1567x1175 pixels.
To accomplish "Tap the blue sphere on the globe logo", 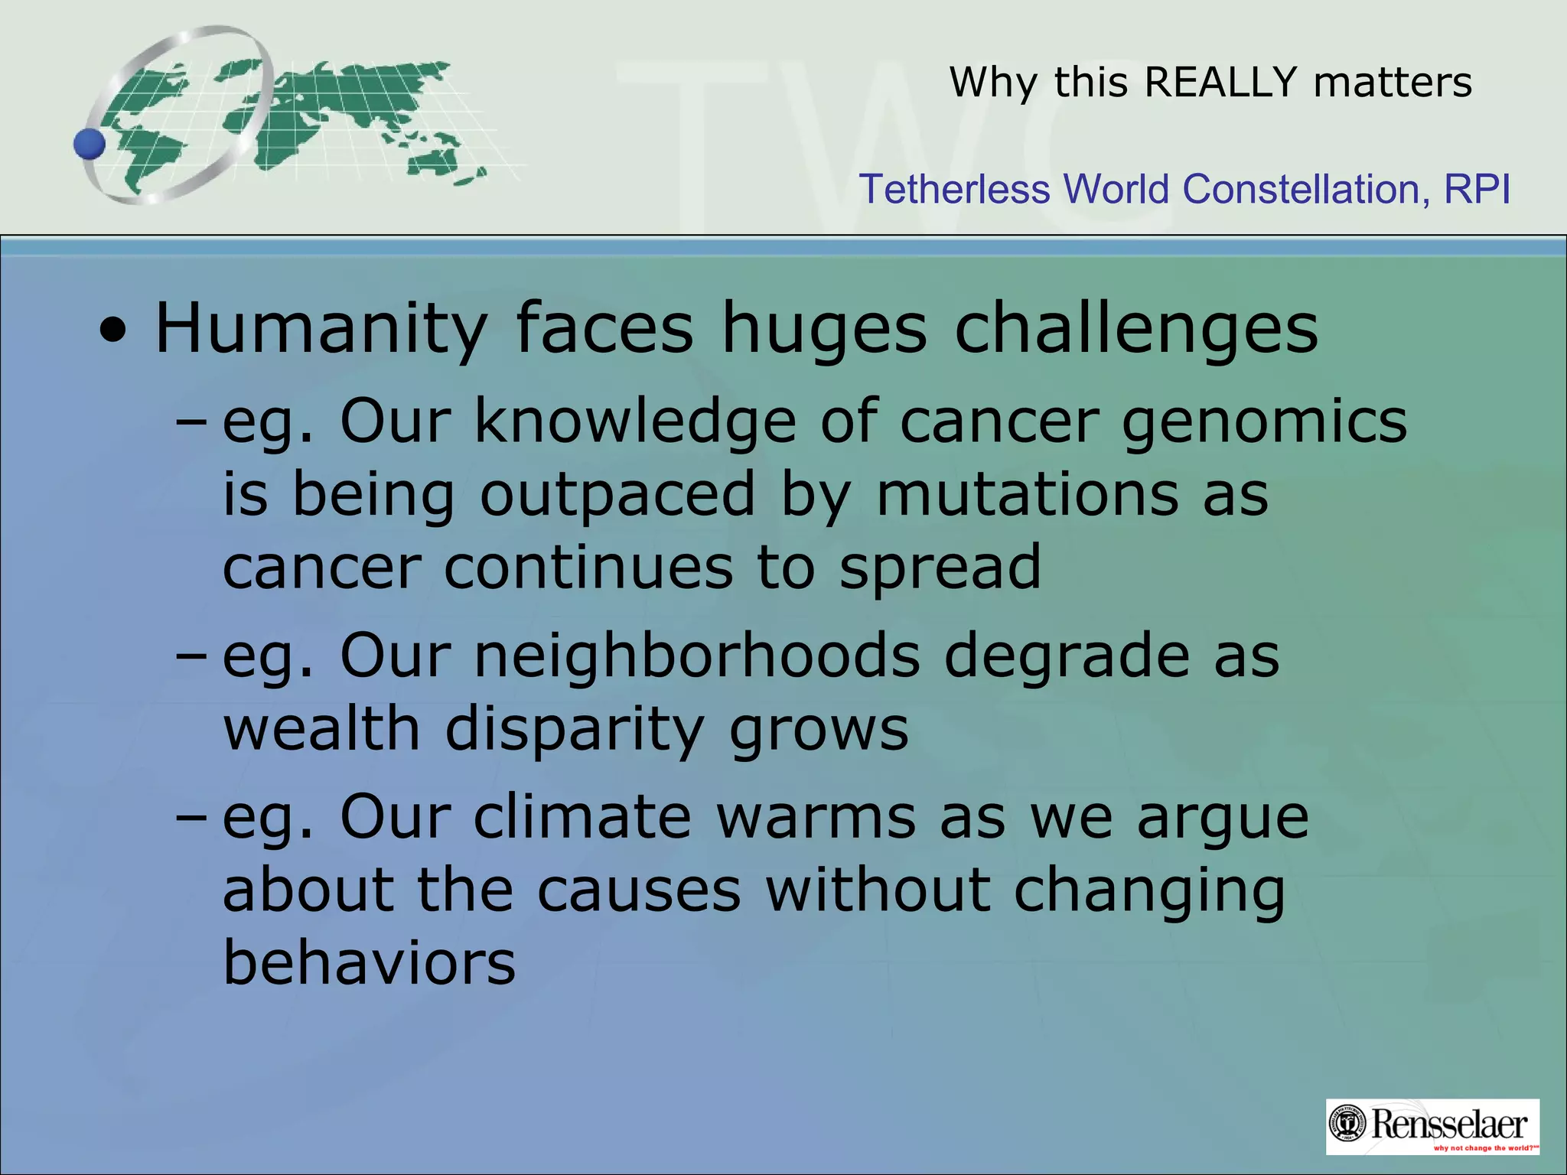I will [90, 144].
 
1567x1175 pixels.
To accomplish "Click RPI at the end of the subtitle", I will [1477, 189].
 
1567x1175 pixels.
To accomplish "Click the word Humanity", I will [321, 329].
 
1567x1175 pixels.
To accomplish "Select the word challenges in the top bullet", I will [1136, 329].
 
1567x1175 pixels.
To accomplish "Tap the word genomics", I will [1264, 422].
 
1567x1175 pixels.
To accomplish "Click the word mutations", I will [1027, 494].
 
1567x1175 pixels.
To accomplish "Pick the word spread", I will [940, 568].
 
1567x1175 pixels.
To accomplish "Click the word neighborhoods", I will [697, 656].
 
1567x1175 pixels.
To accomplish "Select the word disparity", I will [574, 728].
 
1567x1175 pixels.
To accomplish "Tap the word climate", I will [582, 817].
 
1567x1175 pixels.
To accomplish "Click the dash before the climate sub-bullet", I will [191, 818].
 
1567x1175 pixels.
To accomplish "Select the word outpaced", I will [617, 494].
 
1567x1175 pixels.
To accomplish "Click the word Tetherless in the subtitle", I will [954, 189].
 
